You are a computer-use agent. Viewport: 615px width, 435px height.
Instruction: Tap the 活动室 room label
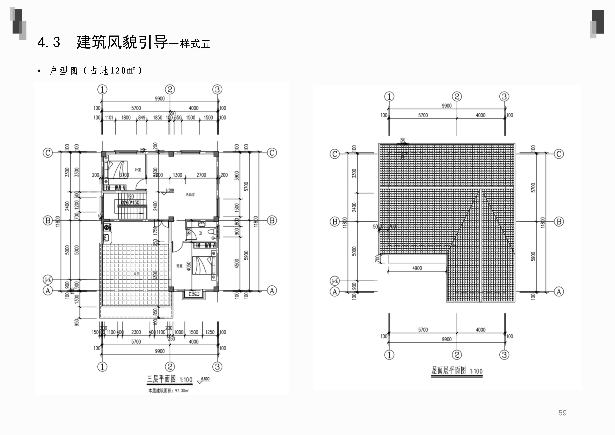[190, 195]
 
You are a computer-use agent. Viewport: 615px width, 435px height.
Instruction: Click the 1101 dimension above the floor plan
[109, 118]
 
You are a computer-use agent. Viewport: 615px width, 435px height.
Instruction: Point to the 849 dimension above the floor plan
[142, 118]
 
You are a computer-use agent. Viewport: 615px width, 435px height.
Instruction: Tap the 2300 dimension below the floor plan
[136, 332]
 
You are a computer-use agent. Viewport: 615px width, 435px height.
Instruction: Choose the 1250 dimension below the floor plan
[210, 332]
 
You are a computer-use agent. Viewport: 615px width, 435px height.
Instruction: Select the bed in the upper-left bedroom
[116, 169]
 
